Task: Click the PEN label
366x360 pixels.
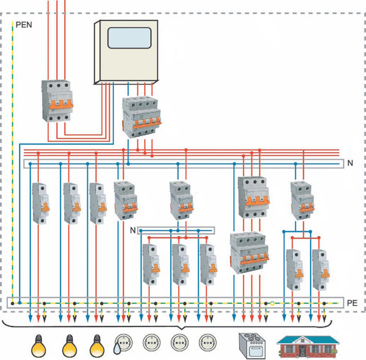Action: pos(24,26)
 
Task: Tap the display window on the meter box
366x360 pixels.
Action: pos(129,38)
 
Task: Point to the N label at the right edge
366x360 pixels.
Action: pos(350,164)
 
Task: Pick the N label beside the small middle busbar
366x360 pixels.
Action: pos(133,230)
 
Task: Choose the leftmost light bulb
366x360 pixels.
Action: pos(38,346)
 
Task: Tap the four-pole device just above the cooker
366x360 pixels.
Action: pos(248,254)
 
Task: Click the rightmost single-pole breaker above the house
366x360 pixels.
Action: pos(320,269)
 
